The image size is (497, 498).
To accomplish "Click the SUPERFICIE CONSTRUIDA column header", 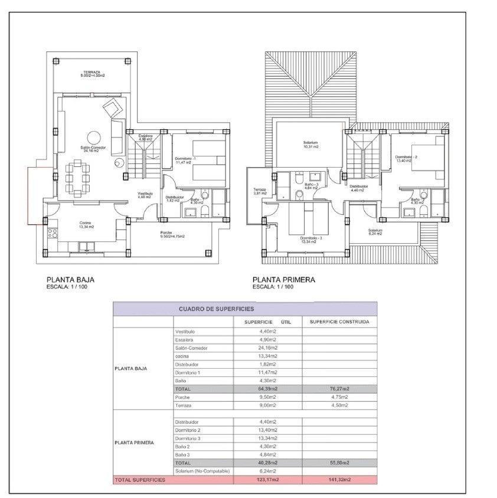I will click(x=339, y=322).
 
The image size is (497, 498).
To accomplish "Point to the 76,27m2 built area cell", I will click(x=339, y=389).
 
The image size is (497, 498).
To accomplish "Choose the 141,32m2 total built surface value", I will click(x=339, y=480).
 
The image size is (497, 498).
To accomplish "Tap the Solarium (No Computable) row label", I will click(x=202, y=471).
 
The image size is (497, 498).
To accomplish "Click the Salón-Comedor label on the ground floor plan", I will click(x=93, y=149).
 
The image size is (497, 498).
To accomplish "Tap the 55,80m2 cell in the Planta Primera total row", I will click(x=339, y=463).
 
